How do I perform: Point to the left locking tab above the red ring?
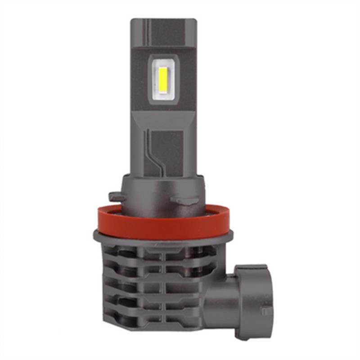point(116,197)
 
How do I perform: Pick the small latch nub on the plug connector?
point(266,310)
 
